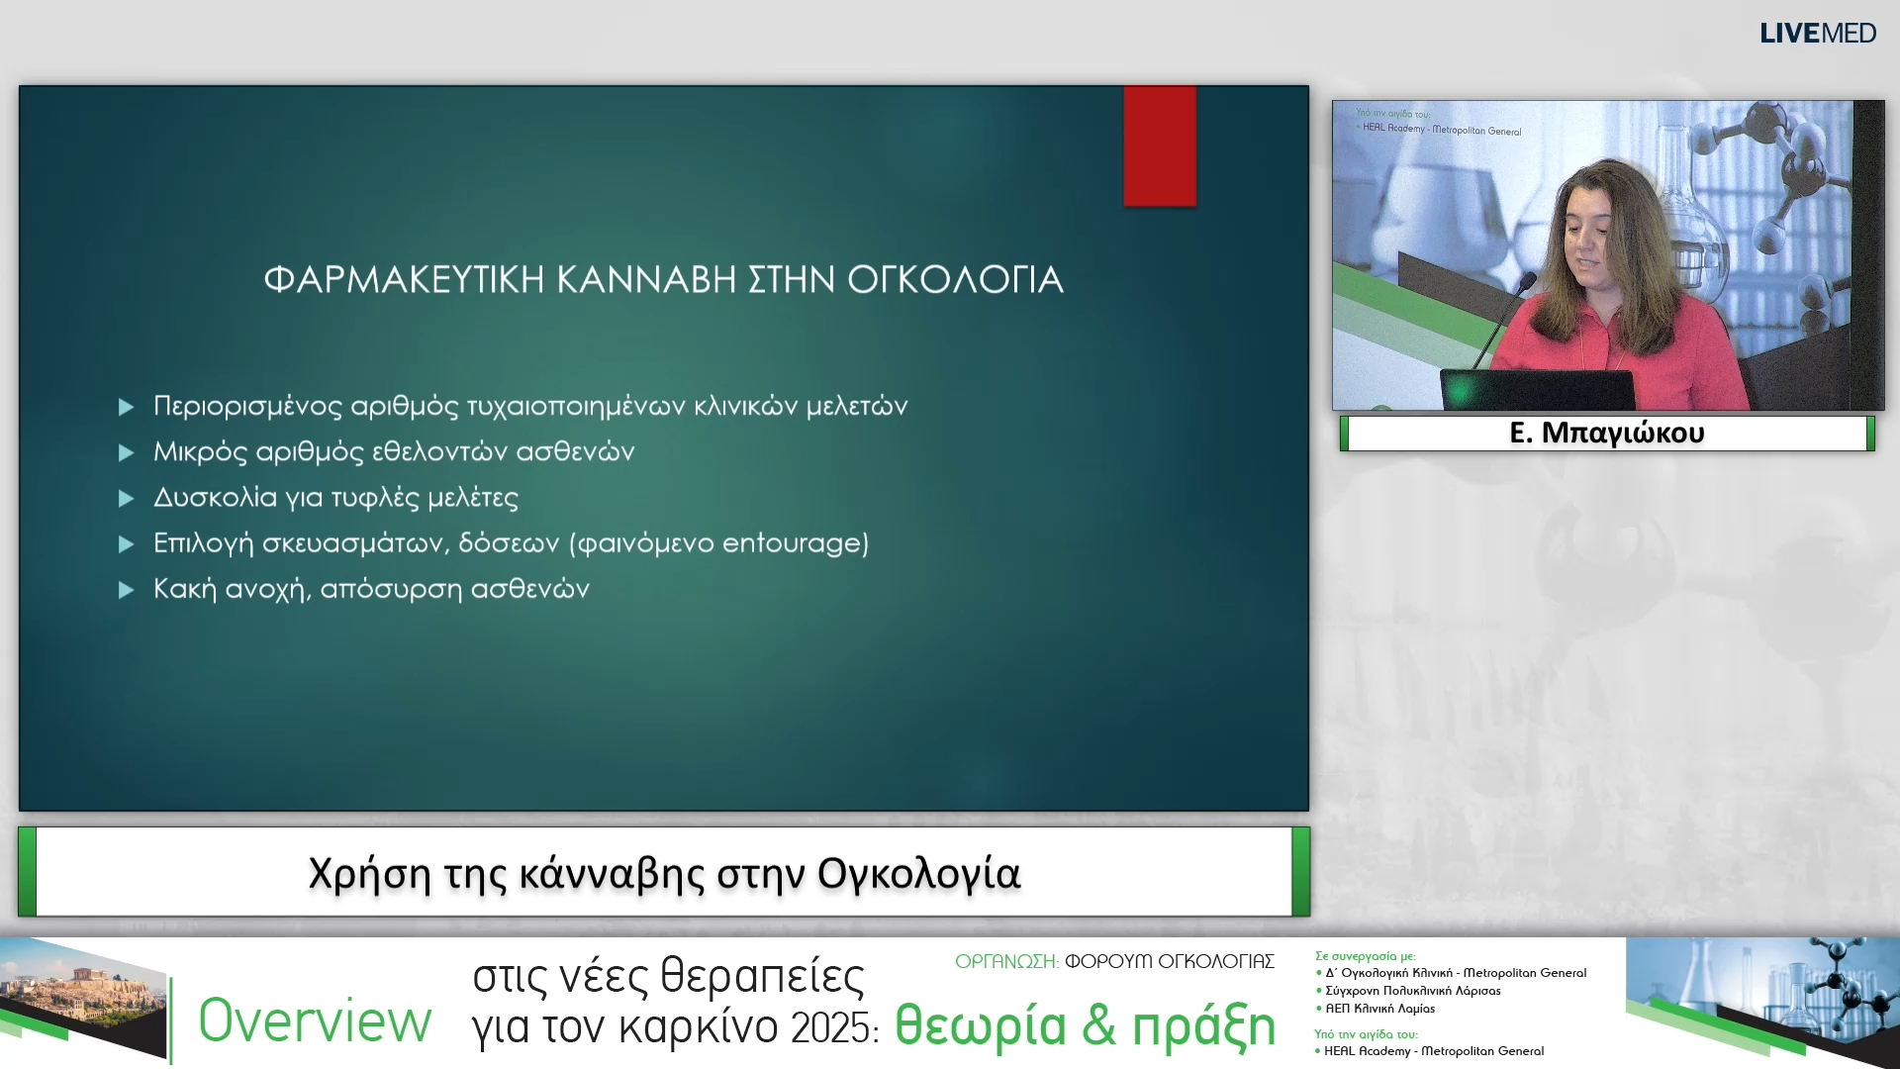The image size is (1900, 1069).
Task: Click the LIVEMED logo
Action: click(x=1817, y=33)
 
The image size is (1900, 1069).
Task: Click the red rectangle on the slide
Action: click(x=1159, y=146)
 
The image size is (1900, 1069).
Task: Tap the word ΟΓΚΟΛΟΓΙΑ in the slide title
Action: click(x=955, y=280)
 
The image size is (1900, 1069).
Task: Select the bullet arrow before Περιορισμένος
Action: click(x=126, y=407)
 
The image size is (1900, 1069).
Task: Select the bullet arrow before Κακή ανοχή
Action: click(x=126, y=590)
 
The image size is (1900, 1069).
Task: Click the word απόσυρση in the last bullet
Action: click(x=391, y=590)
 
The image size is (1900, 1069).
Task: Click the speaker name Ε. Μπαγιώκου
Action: click(x=1606, y=433)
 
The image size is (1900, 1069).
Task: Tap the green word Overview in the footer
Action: click(x=315, y=1020)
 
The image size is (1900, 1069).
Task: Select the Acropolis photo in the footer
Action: click(x=79, y=995)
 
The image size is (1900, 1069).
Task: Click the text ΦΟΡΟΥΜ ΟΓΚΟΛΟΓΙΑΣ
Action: click(x=1169, y=961)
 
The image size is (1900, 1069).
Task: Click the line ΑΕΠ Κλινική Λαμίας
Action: click(x=1379, y=1009)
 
